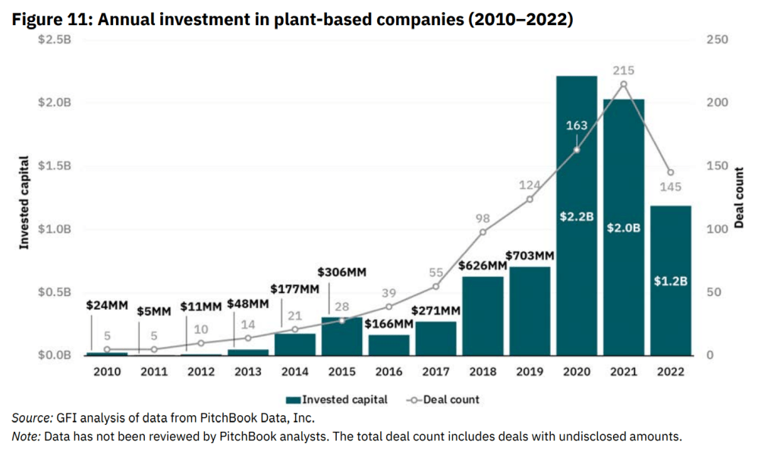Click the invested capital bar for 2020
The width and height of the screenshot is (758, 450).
click(577, 228)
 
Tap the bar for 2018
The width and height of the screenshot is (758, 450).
click(483, 319)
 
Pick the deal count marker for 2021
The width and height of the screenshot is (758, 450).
click(624, 84)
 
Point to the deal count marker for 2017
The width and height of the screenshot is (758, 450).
click(436, 286)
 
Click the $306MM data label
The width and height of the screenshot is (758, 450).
click(341, 272)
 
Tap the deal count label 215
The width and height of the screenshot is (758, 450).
click(624, 71)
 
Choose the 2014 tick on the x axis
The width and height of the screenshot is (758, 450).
click(294, 372)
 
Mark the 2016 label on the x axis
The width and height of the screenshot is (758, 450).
click(388, 372)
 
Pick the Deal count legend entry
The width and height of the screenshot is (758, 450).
click(444, 399)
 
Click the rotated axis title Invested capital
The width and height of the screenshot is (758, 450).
click(24, 203)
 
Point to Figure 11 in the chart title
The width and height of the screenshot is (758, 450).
click(49, 20)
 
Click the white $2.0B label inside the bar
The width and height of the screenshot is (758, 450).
click(624, 228)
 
